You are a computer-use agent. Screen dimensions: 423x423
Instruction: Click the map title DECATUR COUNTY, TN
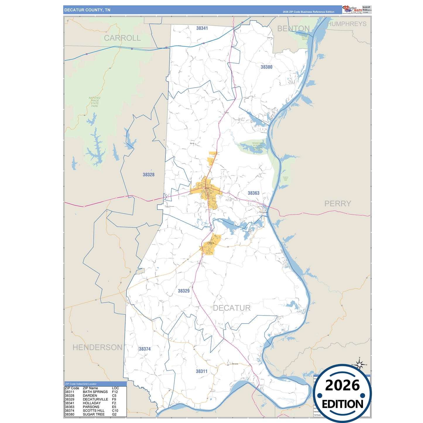87,10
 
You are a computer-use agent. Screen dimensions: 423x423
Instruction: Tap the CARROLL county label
122,38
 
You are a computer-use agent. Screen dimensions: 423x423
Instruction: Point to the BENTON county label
293,29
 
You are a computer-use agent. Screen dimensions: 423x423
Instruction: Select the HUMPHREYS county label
347,24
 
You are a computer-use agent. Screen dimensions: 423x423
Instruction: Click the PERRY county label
338,203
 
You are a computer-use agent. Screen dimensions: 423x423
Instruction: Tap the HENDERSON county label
97,347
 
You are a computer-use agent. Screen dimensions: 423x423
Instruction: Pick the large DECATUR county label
232,308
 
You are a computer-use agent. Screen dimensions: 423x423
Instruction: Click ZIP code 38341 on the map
202,28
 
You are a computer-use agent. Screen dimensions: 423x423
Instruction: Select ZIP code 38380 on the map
266,67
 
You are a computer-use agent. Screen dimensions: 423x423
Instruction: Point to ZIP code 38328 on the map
148,175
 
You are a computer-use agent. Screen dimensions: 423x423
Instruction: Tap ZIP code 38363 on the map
254,193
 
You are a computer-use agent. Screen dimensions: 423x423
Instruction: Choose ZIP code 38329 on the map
184,291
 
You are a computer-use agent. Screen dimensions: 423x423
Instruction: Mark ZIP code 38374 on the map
145,349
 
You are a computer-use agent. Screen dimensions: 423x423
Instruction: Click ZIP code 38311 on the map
201,371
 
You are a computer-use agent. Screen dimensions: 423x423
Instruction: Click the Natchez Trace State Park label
95,102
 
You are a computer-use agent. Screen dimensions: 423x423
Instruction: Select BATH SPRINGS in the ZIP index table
95,392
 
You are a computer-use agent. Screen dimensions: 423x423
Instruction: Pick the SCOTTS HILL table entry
93,410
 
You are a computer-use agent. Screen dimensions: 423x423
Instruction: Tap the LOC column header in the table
115,388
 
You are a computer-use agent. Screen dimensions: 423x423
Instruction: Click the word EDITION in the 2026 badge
342,404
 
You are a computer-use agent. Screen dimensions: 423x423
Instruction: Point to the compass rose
359,364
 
